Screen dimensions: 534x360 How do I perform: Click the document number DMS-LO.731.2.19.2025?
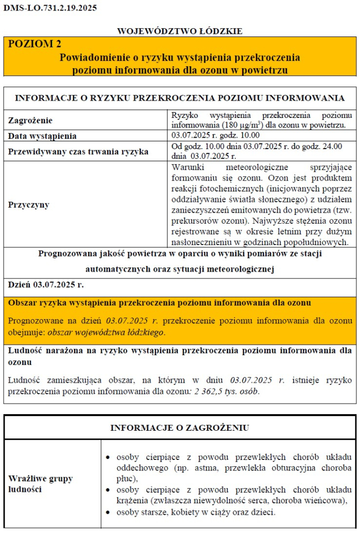pos(50,8)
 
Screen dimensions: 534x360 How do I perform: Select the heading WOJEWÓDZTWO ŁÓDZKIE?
pos(179,31)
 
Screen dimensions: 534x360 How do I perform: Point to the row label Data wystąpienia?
pos(42,136)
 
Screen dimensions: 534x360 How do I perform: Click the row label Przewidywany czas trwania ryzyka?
pos(78,152)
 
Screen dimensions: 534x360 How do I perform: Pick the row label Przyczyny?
pos(29,204)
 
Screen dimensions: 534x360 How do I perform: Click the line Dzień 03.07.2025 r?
pos(46,284)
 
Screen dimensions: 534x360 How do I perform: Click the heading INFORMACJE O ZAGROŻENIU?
pos(179,428)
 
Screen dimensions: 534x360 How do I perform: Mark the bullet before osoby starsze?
pos(107,513)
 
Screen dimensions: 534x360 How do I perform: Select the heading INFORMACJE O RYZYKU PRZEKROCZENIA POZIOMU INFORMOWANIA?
pos(179,98)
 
